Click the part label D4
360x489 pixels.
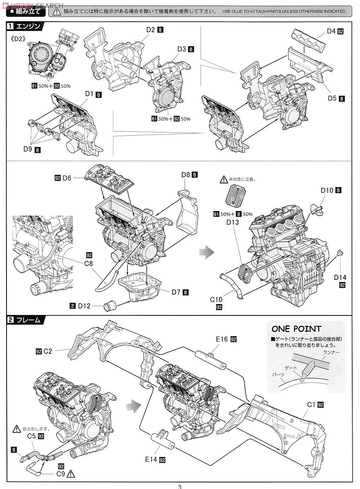[x=331, y=31]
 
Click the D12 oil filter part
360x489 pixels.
[x=110, y=306]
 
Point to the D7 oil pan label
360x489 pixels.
[x=176, y=292]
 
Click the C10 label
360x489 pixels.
[x=216, y=300]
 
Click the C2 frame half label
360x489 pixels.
[x=48, y=350]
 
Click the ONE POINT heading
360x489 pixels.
[x=296, y=329]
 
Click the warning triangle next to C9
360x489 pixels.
[x=71, y=474]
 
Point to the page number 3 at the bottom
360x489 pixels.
[x=179, y=486]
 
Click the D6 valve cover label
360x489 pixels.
[x=67, y=178]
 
